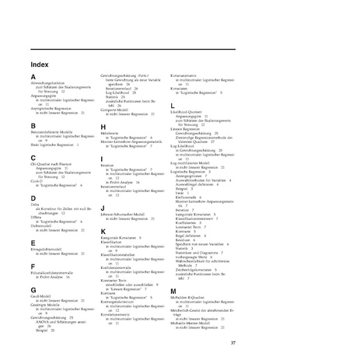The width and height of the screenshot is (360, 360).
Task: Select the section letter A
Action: point(33,76)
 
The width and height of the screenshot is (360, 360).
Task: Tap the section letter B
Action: point(33,124)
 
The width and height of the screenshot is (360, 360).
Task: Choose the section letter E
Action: point(33,243)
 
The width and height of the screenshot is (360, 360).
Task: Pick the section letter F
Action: point(33,265)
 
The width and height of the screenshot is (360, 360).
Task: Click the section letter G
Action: point(33,288)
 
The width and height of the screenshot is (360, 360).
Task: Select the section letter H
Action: point(103,126)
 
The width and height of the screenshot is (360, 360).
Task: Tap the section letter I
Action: point(102,159)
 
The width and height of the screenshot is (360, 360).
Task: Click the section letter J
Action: point(103,208)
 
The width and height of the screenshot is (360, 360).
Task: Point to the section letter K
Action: point(103,231)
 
